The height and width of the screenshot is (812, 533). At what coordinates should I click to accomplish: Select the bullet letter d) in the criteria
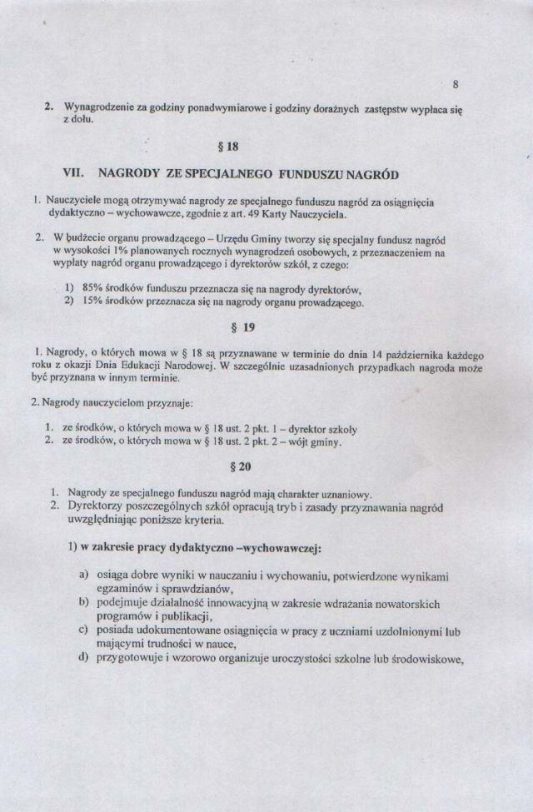click(x=84, y=660)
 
